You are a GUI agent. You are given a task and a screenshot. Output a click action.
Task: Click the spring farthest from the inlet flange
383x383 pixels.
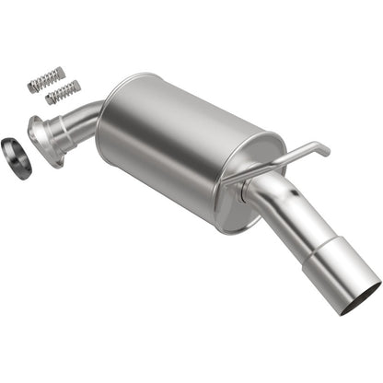46,79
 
